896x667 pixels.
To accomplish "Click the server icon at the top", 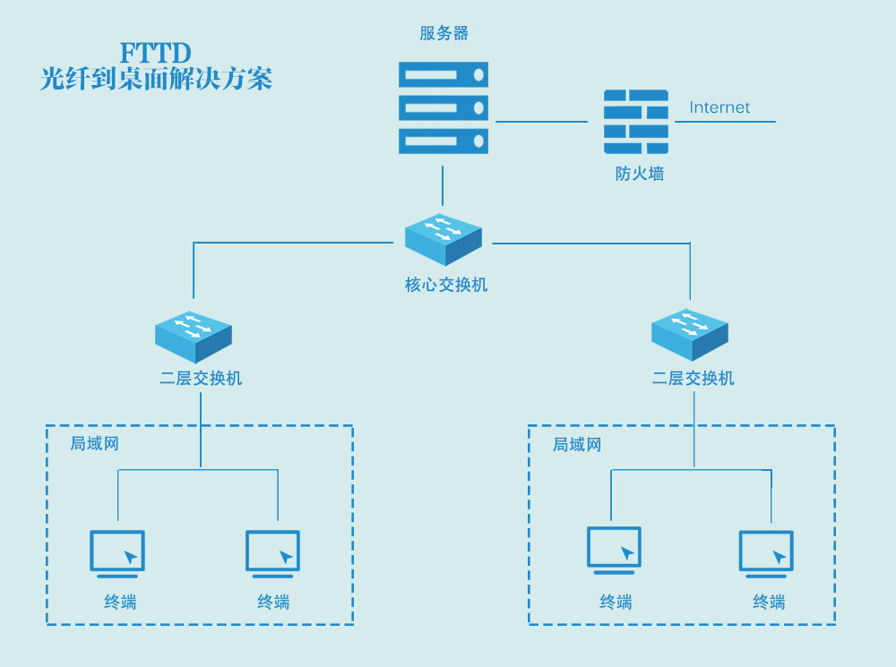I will coord(444,107).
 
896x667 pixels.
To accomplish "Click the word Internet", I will coord(719,107).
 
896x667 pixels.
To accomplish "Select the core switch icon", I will coord(444,239).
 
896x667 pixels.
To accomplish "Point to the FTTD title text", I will coord(156,53).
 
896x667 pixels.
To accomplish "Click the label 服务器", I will coord(444,34).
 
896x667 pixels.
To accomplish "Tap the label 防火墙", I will coord(640,175).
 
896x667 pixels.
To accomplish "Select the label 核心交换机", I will coord(445,286).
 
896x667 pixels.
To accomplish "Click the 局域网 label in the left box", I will coord(95,444).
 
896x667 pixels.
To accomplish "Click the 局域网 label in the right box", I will coord(577,445).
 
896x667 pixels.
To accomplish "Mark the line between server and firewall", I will coord(541,121).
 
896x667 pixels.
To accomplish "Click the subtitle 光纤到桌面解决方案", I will coord(156,80).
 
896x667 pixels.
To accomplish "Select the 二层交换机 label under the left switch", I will coord(201,379).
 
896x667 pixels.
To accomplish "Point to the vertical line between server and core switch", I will coord(443,184).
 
